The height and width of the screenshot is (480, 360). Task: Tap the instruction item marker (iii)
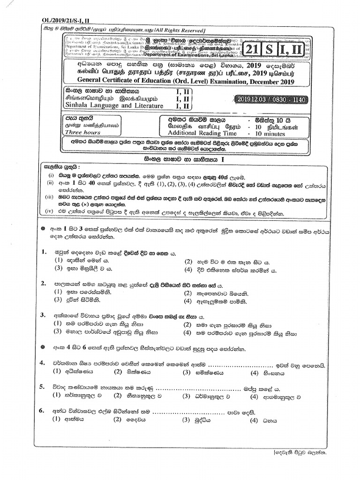pos(49,198)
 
